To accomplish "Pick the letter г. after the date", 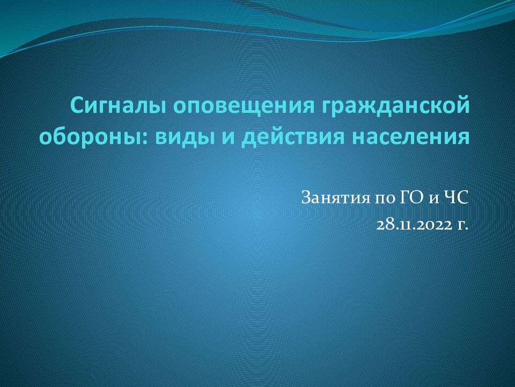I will pyautogui.click(x=462, y=224).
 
